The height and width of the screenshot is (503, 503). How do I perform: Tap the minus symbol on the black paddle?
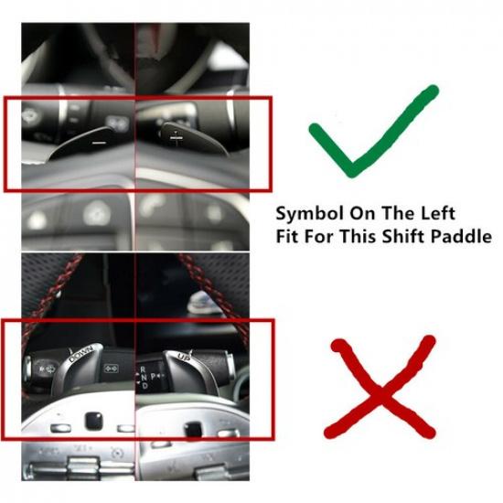(x=99, y=142)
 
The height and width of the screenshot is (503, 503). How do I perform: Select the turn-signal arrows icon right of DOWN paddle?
(x=112, y=369)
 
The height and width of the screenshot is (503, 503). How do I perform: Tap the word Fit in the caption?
(x=288, y=236)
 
